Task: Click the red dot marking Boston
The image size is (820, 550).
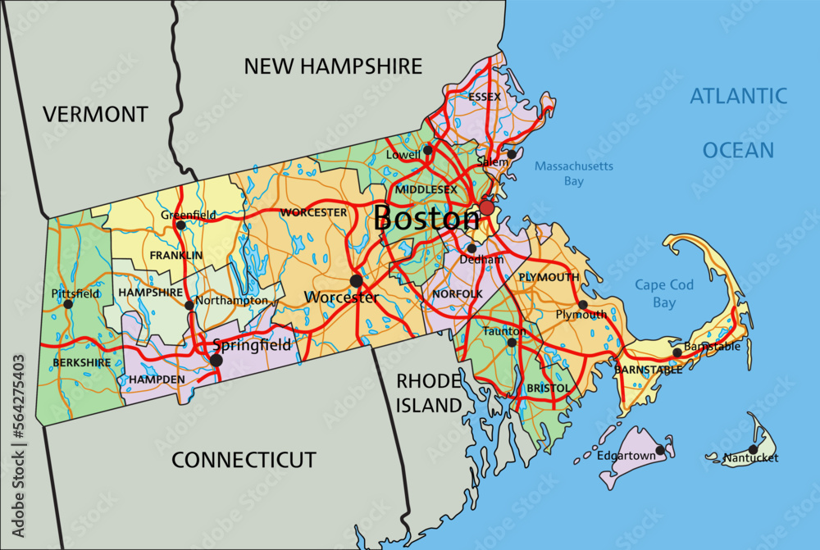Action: pyautogui.click(x=487, y=207)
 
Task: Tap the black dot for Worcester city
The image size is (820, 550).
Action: pyautogui.click(x=356, y=280)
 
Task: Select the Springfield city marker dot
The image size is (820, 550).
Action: pyautogui.click(x=216, y=360)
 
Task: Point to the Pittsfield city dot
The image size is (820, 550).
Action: pyautogui.click(x=68, y=304)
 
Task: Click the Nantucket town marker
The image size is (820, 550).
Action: pyautogui.click(x=753, y=449)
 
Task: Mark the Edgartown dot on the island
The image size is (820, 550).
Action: pyautogui.click(x=660, y=449)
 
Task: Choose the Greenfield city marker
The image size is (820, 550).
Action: pyautogui.click(x=180, y=225)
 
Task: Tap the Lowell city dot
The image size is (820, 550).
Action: pyautogui.click(x=427, y=150)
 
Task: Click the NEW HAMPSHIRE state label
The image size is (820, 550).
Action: pyautogui.click(x=333, y=66)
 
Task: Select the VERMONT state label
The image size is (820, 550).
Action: pyautogui.click(x=96, y=114)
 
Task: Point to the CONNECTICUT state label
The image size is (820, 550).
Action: pyautogui.click(x=244, y=460)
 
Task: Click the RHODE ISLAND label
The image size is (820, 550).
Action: pyautogui.click(x=430, y=392)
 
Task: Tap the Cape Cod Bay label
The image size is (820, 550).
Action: pyautogui.click(x=664, y=294)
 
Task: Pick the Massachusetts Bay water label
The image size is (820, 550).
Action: pyautogui.click(x=574, y=173)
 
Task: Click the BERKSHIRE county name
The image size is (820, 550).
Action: pyautogui.click(x=81, y=362)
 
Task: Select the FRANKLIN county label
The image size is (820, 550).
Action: pyautogui.click(x=176, y=256)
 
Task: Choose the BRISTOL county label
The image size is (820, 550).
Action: pyautogui.click(x=549, y=388)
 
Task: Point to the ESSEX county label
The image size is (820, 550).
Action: pyautogui.click(x=485, y=97)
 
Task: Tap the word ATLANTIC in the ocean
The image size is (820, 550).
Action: pyautogui.click(x=738, y=95)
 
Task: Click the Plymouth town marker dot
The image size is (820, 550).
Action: pyautogui.click(x=583, y=305)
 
